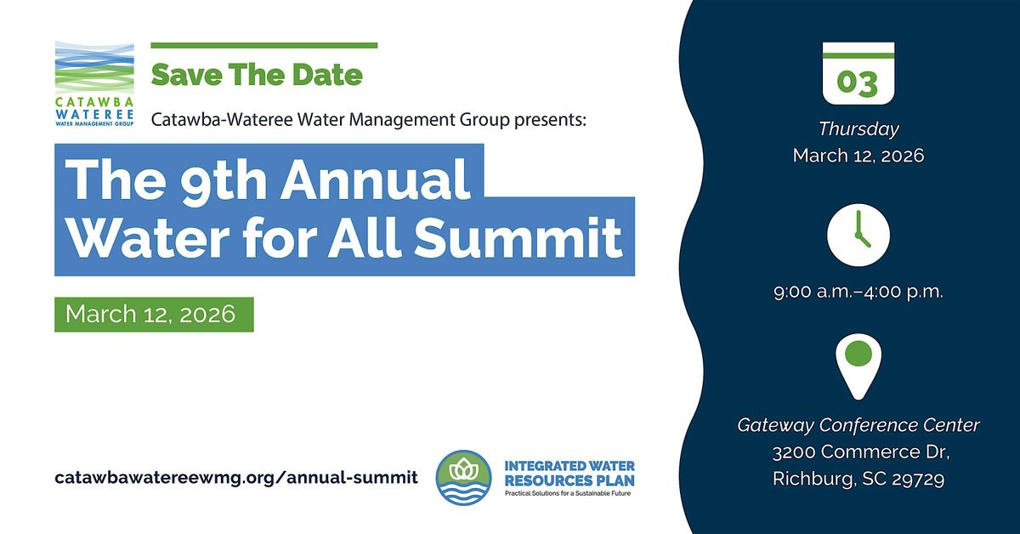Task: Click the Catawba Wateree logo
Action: (x=94, y=83)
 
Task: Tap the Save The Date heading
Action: (x=257, y=74)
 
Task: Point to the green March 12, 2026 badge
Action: (x=154, y=315)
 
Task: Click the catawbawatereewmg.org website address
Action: (x=236, y=477)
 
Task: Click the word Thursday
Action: (x=858, y=129)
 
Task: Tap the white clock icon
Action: (x=858, y=235)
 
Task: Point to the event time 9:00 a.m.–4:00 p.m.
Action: (x=858, y=291)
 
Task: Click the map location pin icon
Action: (x=858, y=364)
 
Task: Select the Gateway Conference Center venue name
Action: (x=858, y=424)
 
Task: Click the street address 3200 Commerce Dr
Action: (x=858, y=452)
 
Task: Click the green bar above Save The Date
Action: (x=263, y=45)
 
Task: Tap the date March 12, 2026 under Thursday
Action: (x=858, y=156)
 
